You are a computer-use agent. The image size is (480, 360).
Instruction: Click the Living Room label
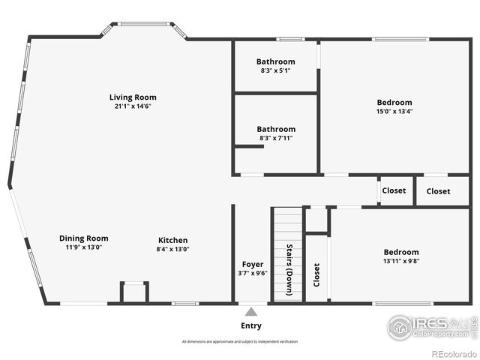133,97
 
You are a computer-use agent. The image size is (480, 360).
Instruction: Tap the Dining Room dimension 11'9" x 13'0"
83,248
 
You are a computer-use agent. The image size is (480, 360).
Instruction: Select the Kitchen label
172,240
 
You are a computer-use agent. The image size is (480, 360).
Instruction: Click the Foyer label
253,264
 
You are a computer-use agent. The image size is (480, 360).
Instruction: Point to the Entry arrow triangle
251,310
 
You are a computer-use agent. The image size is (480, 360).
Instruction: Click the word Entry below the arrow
251,325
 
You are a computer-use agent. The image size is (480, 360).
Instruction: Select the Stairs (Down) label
289,269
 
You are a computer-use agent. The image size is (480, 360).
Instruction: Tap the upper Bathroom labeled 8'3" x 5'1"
276,61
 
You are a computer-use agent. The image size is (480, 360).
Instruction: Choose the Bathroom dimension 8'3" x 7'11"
276,138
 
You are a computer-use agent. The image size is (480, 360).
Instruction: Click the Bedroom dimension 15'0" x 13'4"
394,112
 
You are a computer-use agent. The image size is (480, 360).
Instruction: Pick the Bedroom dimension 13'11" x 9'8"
401,262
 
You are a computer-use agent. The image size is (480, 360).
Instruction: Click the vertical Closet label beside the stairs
316,275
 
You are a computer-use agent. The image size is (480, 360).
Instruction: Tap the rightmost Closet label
439,191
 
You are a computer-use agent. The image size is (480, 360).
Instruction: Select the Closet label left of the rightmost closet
394,190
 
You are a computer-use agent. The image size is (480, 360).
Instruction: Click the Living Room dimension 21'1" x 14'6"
133,106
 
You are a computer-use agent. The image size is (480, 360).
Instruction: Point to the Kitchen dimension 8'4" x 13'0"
172,249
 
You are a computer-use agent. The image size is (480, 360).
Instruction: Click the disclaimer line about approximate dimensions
239,342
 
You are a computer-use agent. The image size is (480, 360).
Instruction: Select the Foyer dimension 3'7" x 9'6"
253,273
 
